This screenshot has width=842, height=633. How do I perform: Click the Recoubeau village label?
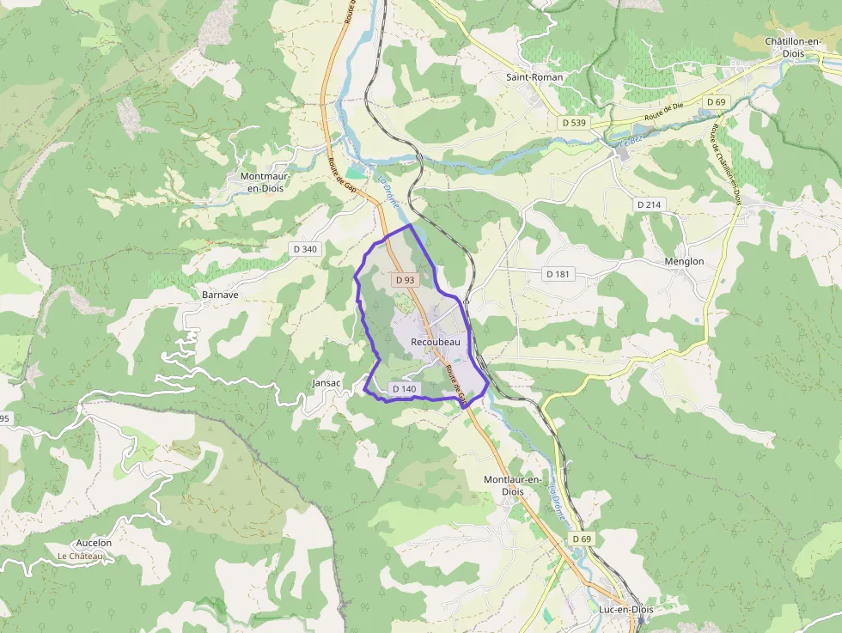tap(436, 342)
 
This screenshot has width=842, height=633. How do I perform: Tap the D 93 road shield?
tap(405, 280)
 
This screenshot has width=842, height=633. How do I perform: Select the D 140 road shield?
tap(404, 389)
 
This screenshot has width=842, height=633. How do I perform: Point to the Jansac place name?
tap(326, 383)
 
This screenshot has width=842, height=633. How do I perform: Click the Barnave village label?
tap(220, 294)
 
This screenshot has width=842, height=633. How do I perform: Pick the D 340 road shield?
tap(305, 249)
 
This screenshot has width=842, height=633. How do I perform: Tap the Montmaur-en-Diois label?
tap(265, 183)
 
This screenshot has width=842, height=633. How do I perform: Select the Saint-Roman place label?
tap(534, 77)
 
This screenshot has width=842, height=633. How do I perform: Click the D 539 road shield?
tap(573, 123)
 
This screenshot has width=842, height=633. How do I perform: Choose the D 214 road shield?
tap(650, 204)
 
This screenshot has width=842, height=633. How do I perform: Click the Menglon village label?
tap(684, 262)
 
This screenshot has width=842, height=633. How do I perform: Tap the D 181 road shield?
tap(558, 274)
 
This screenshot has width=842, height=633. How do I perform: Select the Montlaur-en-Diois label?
tap(512, 485)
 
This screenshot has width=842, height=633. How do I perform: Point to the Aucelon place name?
tap(94, 543)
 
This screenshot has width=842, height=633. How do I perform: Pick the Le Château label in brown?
tap(80, 556)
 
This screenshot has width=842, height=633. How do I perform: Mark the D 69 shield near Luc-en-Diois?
tap(582, 539)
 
